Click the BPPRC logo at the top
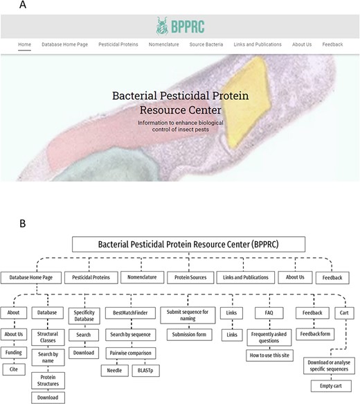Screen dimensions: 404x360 click(179, 25)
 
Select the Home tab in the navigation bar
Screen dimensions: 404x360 click(24, 44)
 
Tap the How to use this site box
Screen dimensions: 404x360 click(271, 355)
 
